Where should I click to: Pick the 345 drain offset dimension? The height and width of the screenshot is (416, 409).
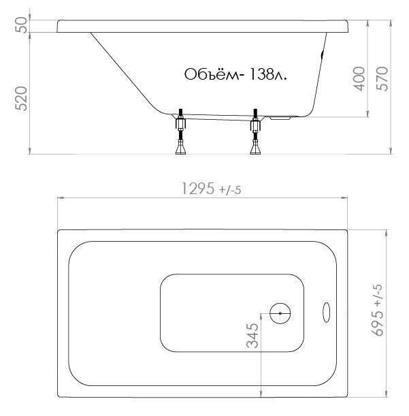pos(252,336)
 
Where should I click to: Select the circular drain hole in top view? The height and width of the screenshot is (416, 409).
pos(280,313)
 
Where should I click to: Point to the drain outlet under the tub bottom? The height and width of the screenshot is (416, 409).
pos(280,118)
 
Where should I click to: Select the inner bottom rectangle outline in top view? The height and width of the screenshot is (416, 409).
pos(204,275)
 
